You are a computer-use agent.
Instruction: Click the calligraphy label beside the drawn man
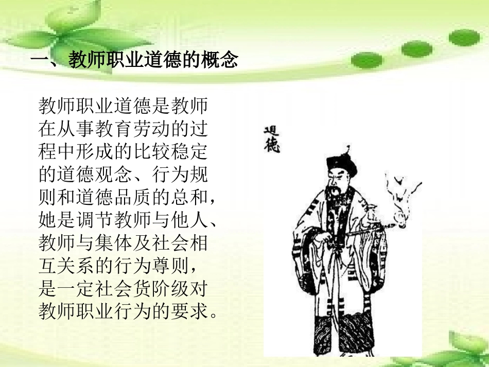click(271, 139)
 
